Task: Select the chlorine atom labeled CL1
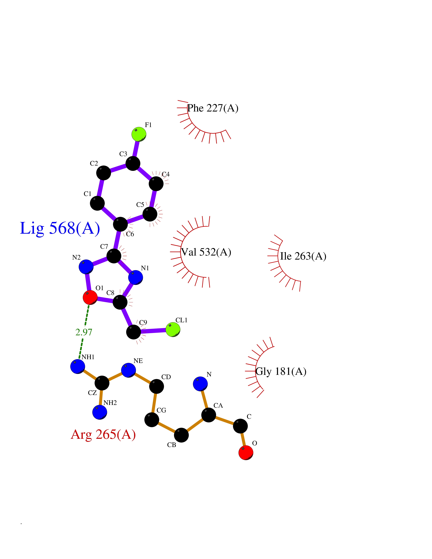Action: point(173,329)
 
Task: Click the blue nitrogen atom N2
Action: point(86,267)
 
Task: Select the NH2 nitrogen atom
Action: point(100,412)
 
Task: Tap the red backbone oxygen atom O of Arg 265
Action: point(246,452)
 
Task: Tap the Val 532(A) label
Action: point(206,252)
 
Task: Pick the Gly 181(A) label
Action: point(281,371)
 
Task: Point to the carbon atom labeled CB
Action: point(181,435)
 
